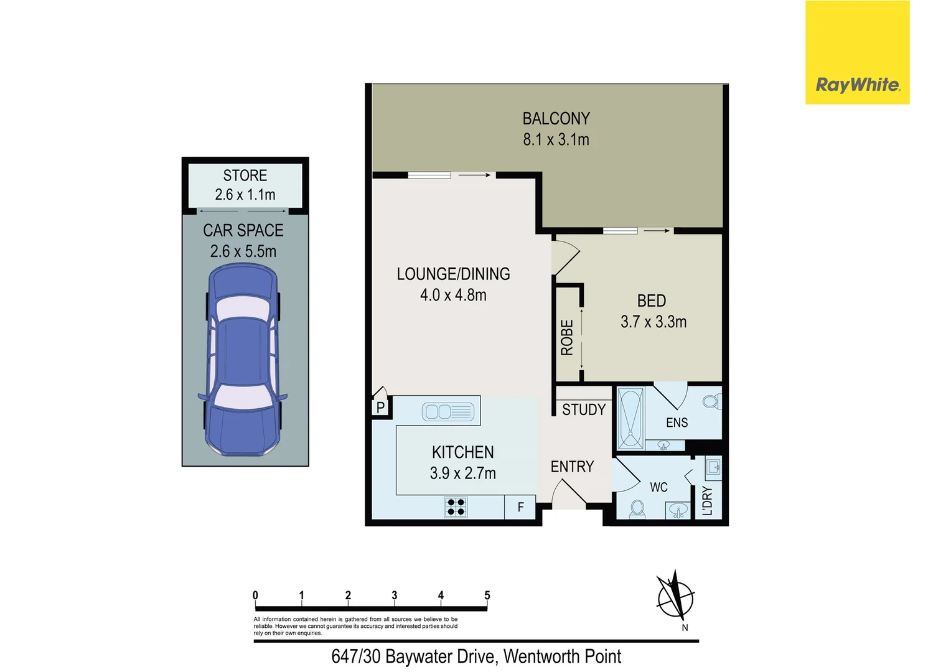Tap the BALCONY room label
pyautogui.click(x=556, y=118)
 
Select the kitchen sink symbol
pyautogui.click(x=447, y=412)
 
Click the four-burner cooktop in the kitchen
pyautogui.click(x=456, y=507)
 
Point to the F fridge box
pyautogui.click(x=520, y=507)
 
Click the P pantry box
pyautogui.click(x=380, y=408)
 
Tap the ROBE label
pyautogui.click(x=567, y=338)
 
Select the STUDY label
pyautogui.click(x=583, y=409)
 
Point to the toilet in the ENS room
pyautogui.click(x=711, y=401)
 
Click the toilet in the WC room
pyautogui.click(x=637, y=509)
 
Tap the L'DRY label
pyautogui.click(x=707, y=501)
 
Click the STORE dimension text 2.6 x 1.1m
pyautogui.click(x=245, y=195)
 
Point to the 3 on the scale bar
pyautogui.click(x=395, y=595)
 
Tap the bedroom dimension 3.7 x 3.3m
pyautogui.click(x=654, y=322)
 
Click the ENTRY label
pyautogui.click(x=572, y=467)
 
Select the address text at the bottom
pyautogui.click(x=476, y=656)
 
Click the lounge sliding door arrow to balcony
pyautogui.click(x=474, y=175)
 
